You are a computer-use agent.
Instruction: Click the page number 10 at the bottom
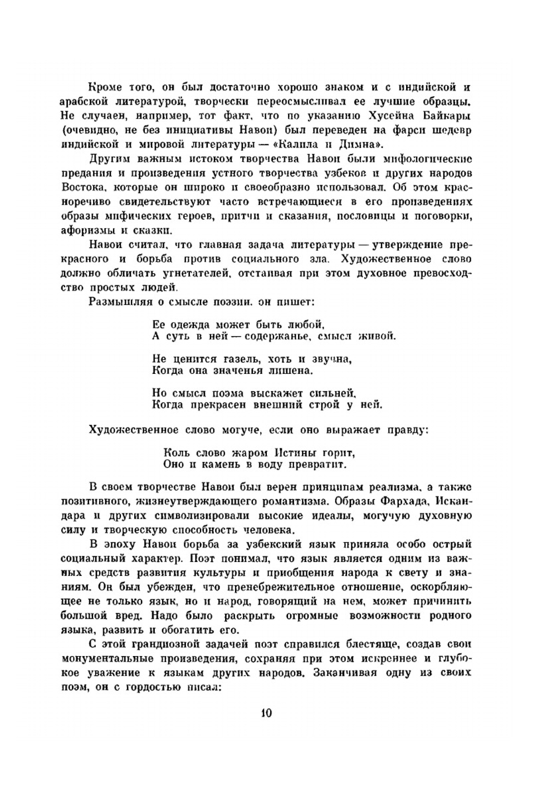tap(266, 713)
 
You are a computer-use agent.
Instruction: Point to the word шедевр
tap(451, 131)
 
